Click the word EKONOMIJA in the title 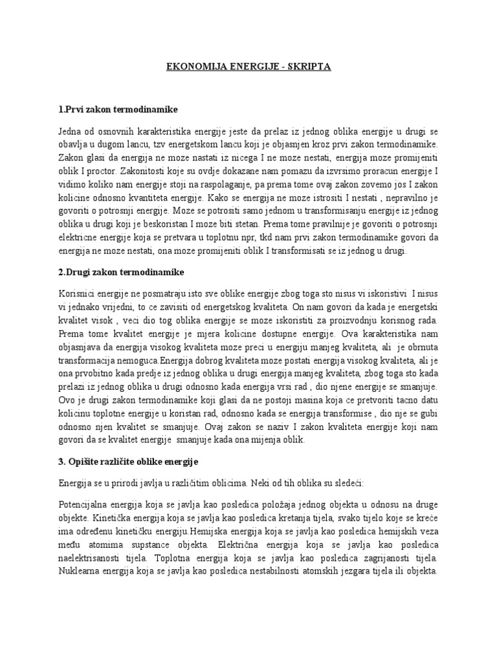point(187,67)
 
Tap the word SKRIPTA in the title point(309,67)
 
